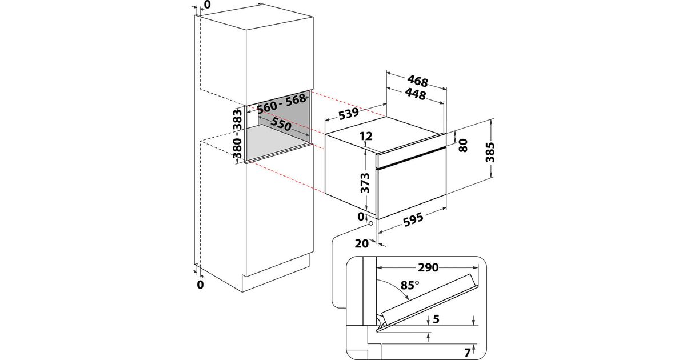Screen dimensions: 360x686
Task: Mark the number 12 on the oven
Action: pos(366,137)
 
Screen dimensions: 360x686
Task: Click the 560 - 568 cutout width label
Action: pos(282,106)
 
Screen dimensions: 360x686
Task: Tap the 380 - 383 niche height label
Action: pos(237,134)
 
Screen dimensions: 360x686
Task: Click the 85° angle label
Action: pos(409,283)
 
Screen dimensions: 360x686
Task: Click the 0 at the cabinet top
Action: pos(206,5)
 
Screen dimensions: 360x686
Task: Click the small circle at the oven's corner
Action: pos(371,223)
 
